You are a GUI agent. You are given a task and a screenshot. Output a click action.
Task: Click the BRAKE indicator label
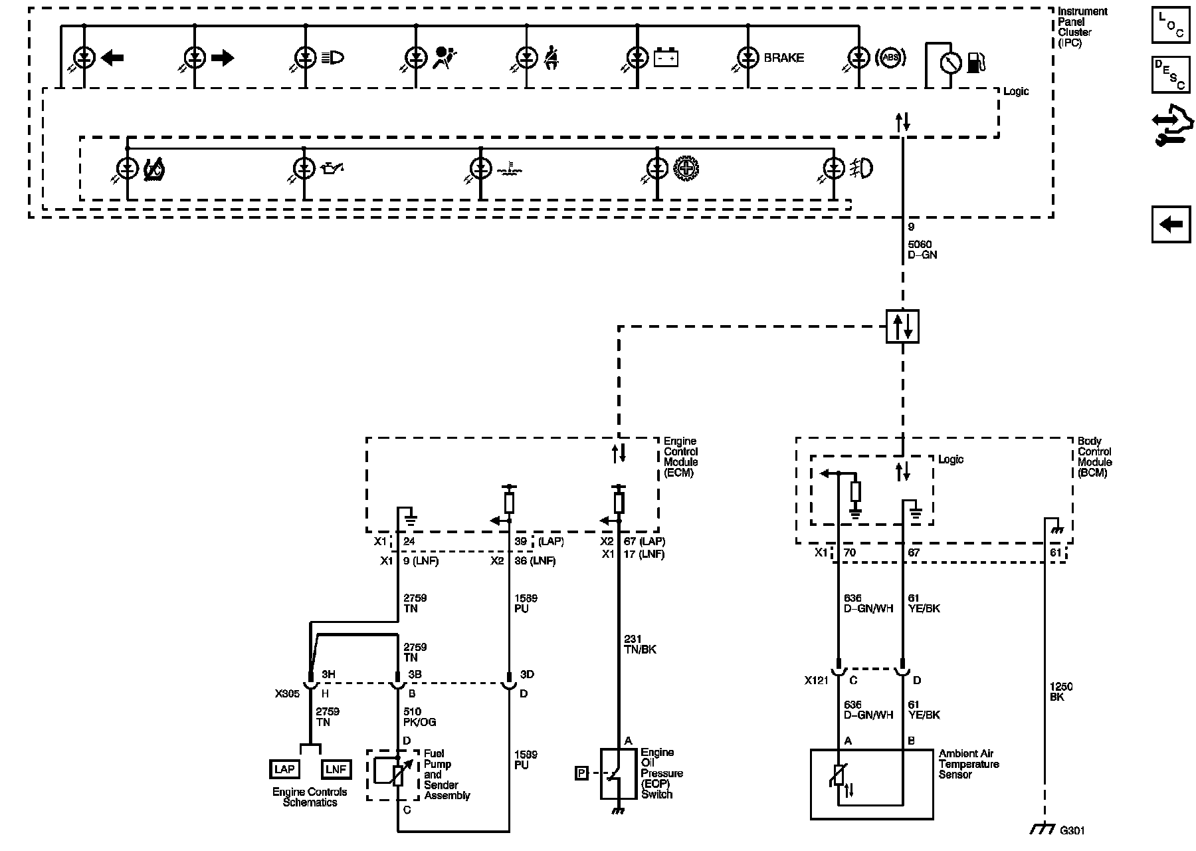tap(783, 58)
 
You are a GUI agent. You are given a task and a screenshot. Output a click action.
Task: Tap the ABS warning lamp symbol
tap(890, 58)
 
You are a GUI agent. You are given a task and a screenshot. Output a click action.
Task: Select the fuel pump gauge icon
tap(975, 62)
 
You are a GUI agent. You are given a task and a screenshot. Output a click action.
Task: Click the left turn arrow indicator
tap(112, 58)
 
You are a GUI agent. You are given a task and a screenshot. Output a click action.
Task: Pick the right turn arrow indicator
tap(223, 58)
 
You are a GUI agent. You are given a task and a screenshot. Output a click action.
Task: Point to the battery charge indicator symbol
tap(666, 59)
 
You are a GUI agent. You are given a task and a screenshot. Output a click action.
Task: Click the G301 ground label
tap(1072, 830)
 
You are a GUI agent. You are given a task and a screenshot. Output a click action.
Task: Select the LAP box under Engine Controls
tap(284, 769)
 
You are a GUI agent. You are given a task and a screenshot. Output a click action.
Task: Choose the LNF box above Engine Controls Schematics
tap(336, 769)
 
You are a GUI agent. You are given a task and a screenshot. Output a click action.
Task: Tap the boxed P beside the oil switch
tap(581, 773)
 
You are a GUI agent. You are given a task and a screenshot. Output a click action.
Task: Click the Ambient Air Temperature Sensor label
tap(969, 764)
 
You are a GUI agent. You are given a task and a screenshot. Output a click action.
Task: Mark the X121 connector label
tap(817, 681)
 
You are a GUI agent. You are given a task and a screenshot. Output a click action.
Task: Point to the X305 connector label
tap(287, 693)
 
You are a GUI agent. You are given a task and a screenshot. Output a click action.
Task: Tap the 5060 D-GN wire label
tap(922, 249)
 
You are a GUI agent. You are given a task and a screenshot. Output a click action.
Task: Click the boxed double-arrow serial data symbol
tap(902, 326)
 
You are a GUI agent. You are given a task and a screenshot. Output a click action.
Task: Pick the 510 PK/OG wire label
tap(420, 717)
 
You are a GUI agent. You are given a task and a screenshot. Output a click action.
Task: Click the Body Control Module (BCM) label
tap(1094, 457)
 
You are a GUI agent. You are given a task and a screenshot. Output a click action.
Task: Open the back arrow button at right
tap(1171, 225)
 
